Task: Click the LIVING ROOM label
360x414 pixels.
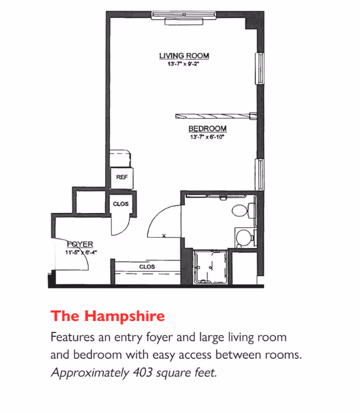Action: click(x=184, y=56)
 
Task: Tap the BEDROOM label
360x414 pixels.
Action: click(x=207, y=129)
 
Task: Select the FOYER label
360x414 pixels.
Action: click(x=79, y=244)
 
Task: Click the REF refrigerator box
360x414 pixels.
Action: click(x=121, y=177)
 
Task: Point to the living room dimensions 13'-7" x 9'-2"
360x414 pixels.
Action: click(x=184, y=64)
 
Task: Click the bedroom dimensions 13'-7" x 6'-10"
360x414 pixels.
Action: click(x=207, y=137)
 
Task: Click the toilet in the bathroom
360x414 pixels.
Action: click(x=242, y=211)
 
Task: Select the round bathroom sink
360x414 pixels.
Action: click(x=244, y=237)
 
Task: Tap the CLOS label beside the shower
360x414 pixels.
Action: click(x=146, y=267)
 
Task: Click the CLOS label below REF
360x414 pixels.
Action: click(x=121, y=204)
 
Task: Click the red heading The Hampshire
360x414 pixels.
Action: click(x=107, y=316)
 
